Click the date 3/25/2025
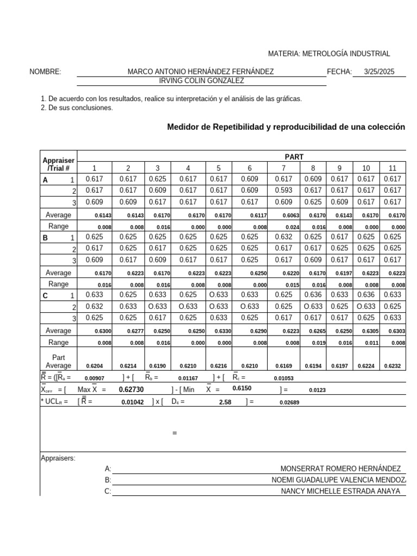point(380,72)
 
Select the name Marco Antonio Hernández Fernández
point(200,72)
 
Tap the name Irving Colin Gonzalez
point(201,81)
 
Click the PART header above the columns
point(294,156)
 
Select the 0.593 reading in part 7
point(283,190)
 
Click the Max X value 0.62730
point(132,389)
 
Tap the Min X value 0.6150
point(242,389)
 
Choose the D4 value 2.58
point(225,402)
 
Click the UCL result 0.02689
point(289,402)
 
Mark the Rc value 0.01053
point(283,378)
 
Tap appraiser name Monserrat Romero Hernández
point(340,469)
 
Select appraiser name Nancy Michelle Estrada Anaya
point(340,491)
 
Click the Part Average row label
point(59,362)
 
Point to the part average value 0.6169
point(291,366)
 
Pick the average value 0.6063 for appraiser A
point(291,216)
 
